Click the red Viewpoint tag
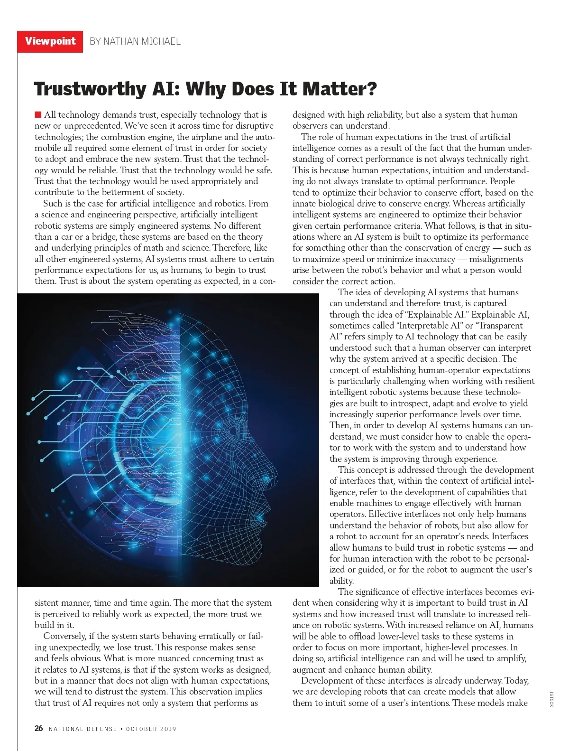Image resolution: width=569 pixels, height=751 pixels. [50, 41]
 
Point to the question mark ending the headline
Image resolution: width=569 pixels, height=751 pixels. [371, 89]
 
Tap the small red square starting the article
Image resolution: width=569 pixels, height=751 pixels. [38, 114]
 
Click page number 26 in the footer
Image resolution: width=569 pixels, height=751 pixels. [38, 728]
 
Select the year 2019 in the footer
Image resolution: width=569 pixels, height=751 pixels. [168, 729]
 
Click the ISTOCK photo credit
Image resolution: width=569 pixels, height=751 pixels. [551, 699]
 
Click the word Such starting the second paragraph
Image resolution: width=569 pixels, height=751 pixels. [51, 203]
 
